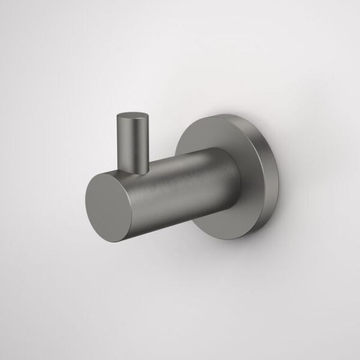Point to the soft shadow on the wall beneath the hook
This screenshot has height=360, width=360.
point(186,264)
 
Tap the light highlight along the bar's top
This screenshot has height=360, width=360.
point(180,157)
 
